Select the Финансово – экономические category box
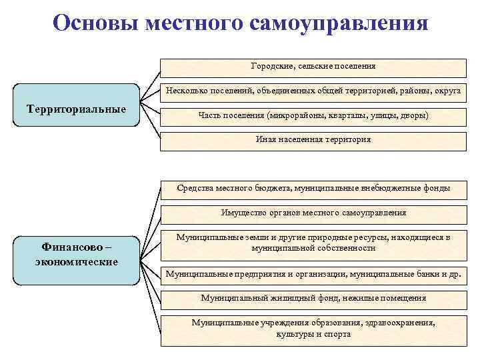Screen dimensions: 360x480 (76, 255)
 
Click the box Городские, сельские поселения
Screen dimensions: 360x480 (313, 67)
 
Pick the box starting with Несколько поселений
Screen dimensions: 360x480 (313, 91)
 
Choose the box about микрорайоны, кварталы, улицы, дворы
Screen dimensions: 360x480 (313, 115)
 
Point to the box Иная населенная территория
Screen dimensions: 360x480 (313, 140)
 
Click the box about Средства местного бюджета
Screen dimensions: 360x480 (313, 189)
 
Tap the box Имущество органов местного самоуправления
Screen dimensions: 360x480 (313, 213)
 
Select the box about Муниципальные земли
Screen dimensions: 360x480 (313, 243)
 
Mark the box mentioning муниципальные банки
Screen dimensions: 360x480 (313, 273)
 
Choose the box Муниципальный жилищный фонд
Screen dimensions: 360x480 (313, 298)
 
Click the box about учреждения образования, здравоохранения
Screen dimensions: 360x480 (313, 328)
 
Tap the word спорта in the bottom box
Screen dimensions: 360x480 (337, 334)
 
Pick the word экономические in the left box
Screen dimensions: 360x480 (76, 261)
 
